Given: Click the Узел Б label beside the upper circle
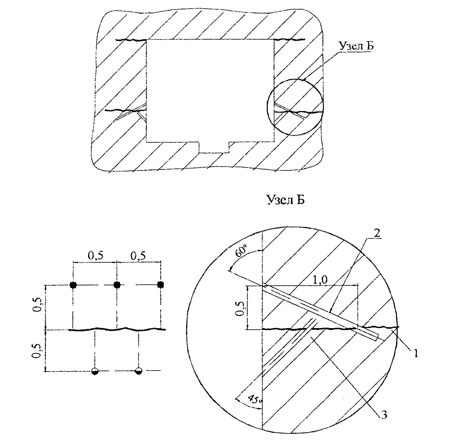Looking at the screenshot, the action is click(356, 46).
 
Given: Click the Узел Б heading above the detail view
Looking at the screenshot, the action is click(286, 200).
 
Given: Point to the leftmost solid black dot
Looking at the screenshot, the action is click(73, 285).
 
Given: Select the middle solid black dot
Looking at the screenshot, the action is click(117, 285).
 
